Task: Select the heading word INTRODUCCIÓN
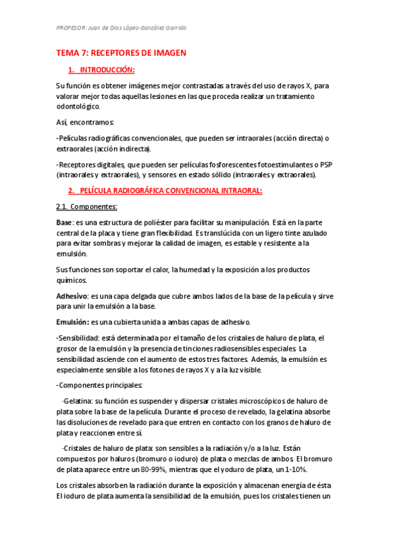[x=108, y=70]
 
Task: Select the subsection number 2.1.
[x=63, y=207]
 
